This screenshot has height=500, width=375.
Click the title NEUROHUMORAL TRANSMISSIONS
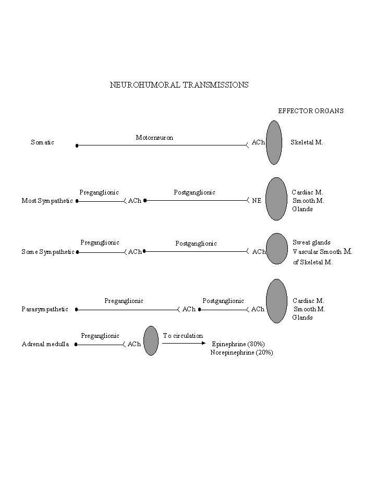pos(179,84)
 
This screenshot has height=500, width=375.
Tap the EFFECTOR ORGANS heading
pos(310,111)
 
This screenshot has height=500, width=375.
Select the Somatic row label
pos(42,142)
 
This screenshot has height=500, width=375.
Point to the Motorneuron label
pos(154,138)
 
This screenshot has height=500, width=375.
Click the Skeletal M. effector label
pos(307,142)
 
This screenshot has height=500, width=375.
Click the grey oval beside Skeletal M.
pos(274,142)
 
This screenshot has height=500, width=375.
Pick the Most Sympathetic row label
pos(47,201)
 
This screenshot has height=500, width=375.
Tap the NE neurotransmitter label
pos(257,201)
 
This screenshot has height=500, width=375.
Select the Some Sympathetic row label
pos(47,252)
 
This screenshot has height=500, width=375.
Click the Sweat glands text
pos(311,242)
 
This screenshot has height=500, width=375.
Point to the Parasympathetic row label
pos(45,309)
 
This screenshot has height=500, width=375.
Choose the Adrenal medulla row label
pos(45,344)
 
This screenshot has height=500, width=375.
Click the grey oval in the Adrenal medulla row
pos(151,340)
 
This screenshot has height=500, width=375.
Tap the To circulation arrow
pos(184,343)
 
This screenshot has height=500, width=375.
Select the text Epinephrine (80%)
pos(238,344)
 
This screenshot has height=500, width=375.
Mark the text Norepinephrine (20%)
pos(241,352)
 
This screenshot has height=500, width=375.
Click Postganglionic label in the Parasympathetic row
pos(223,301)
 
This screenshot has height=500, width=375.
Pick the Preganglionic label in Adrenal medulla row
pos(100,336)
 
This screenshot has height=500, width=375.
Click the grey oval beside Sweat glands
pos(277,249)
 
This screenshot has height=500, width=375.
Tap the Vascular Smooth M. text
pos(322,252)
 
